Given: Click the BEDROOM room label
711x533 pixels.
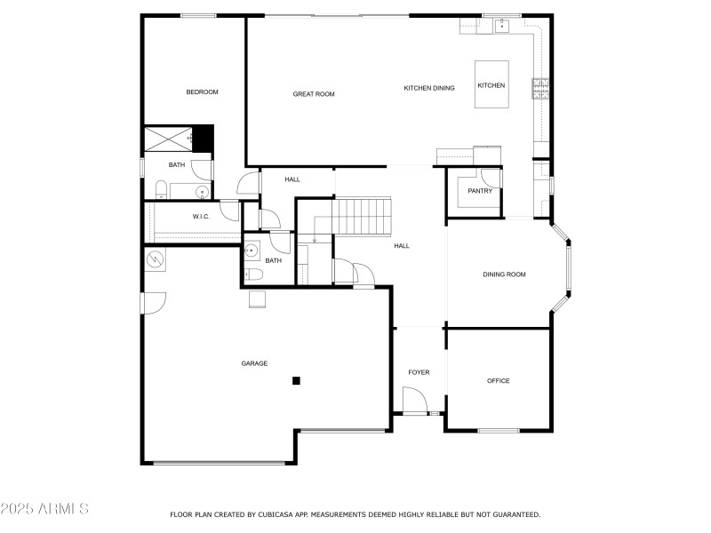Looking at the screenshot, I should [202, 91].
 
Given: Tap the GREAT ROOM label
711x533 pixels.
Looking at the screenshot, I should [314, 93].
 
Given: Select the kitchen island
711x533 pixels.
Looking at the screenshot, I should [491, 84].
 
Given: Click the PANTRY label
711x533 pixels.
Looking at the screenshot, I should [480, 190].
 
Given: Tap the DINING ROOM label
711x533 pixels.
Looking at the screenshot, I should [504, 274].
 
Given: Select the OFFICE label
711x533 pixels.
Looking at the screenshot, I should [498, 381].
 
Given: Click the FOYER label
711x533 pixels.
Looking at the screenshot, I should [419, 372].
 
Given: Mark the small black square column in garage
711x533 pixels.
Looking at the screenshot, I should [297, 381].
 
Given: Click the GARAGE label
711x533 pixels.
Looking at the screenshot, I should [254, 363].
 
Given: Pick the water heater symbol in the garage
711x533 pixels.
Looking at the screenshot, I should [156, 259].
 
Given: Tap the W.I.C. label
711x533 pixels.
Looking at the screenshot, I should [200, 217].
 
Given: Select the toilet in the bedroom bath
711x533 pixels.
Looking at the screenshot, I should [161, 189].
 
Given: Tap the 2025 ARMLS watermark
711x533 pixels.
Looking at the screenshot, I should [44, 509].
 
